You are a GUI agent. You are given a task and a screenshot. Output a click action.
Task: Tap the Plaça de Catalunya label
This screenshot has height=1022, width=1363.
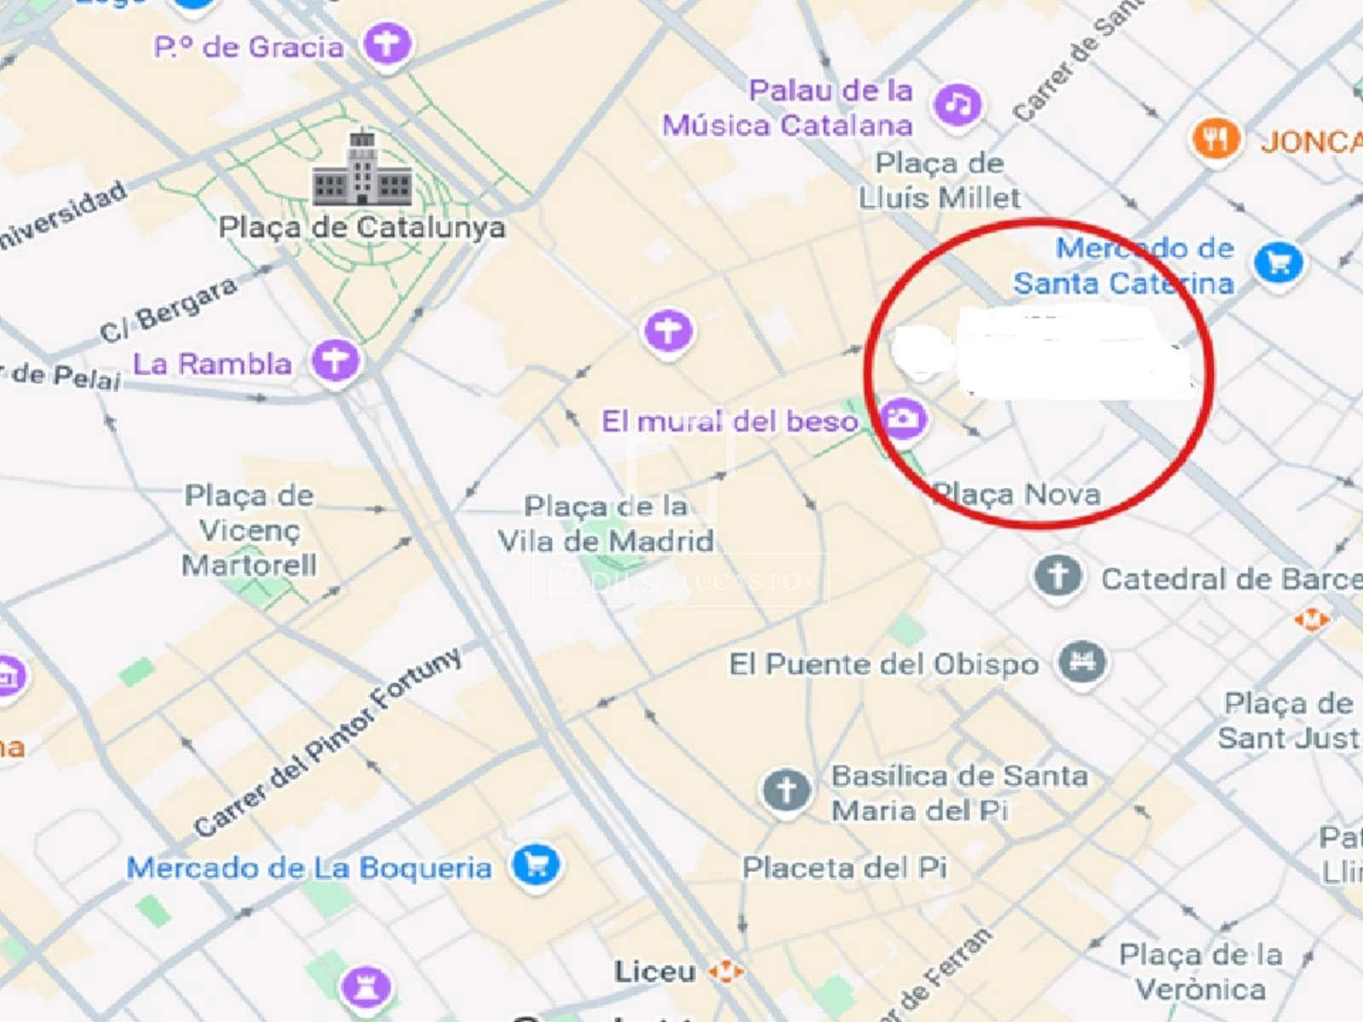362,227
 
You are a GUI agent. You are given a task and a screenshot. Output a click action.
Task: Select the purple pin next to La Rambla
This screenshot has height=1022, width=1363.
335,361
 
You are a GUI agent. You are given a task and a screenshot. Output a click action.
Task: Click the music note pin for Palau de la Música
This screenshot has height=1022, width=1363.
958,105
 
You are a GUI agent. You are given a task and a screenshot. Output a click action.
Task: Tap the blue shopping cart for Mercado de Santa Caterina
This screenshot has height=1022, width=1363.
1278,262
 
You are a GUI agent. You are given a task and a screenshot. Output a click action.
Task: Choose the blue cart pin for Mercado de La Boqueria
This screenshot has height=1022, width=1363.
536,864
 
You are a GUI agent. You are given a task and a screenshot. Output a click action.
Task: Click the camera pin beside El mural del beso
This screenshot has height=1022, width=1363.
903,418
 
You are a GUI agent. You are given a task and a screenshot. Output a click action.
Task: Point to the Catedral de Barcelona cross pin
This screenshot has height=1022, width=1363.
1058,577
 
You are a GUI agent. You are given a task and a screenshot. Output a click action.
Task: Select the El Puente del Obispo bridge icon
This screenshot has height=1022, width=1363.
1082,662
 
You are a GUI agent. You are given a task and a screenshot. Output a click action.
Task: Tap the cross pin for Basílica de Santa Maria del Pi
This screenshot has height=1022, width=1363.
785,789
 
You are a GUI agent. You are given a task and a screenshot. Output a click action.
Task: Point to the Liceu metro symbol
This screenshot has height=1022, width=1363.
726,971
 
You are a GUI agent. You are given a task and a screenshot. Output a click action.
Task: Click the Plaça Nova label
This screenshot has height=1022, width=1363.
1018,494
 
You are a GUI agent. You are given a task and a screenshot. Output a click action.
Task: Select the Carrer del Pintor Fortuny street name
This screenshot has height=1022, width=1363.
328,742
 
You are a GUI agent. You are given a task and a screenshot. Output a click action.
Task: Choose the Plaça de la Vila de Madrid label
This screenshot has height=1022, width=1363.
606,523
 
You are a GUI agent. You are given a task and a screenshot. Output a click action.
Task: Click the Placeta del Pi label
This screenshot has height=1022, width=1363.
844,868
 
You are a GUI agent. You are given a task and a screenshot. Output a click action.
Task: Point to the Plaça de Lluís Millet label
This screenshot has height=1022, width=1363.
940,181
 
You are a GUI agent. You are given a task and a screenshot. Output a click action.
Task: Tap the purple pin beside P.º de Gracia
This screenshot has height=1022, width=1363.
388,45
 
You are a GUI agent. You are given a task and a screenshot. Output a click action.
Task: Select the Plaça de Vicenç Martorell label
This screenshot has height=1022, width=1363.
250,530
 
